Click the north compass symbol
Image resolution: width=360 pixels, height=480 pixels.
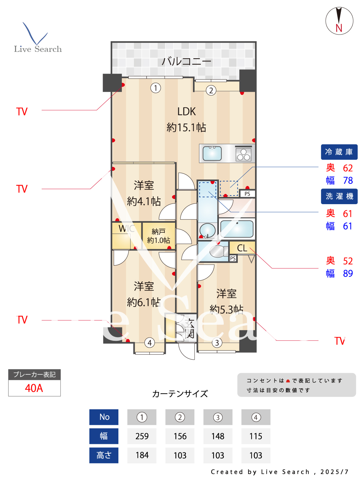point(339,21)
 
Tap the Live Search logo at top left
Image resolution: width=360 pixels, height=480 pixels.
point(37,38)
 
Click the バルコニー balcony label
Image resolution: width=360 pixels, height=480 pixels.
point(186,61)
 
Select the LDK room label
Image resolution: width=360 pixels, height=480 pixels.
point(187,111)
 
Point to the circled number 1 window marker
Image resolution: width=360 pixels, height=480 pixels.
point(156,88)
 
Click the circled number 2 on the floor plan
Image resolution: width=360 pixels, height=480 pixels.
point(211,91)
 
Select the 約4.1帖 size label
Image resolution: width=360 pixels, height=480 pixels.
point(144,201)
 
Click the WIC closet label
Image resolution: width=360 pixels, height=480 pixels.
point(126,228)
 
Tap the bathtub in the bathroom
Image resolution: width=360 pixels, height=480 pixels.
point(237,228)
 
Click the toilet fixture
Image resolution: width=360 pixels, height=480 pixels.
point(217,251)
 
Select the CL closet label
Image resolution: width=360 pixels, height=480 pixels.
point(242,248)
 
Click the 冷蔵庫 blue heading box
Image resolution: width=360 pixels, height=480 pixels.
point(339,152)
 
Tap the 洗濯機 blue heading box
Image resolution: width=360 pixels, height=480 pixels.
point(339,196)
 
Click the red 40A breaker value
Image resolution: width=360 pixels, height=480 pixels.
point(34,388)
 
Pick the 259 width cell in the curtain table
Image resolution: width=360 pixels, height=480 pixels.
point(142,436)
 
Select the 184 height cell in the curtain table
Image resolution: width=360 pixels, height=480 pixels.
point(142,455)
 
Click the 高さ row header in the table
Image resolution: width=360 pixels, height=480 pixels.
point(104,455)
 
